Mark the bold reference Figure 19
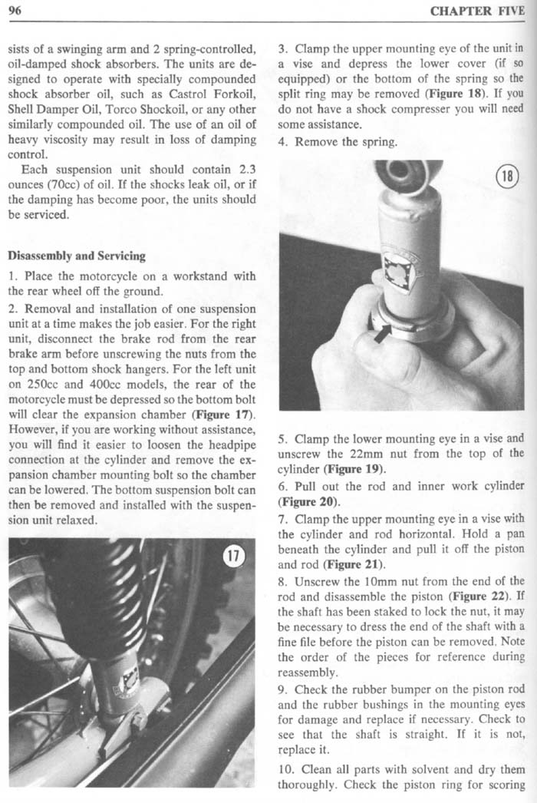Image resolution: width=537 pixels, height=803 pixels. (x=352, y=468)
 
